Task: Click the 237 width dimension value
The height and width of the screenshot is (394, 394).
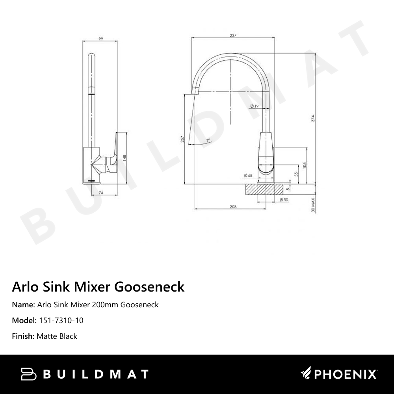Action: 232,35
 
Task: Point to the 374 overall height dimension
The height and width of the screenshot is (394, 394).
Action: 313,118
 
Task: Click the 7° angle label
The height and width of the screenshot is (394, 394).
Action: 208,140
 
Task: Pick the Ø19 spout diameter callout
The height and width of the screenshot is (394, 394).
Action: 254,106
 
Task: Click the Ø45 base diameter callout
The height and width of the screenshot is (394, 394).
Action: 248,175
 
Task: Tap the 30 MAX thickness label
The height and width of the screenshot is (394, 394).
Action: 313,205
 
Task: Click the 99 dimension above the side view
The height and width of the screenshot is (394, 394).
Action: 100,39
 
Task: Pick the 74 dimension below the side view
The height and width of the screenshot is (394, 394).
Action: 100,193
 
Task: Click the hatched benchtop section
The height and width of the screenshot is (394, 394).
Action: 264,189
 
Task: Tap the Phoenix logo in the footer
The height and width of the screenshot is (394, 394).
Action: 339,374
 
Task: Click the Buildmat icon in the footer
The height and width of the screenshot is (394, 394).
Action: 29,374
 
